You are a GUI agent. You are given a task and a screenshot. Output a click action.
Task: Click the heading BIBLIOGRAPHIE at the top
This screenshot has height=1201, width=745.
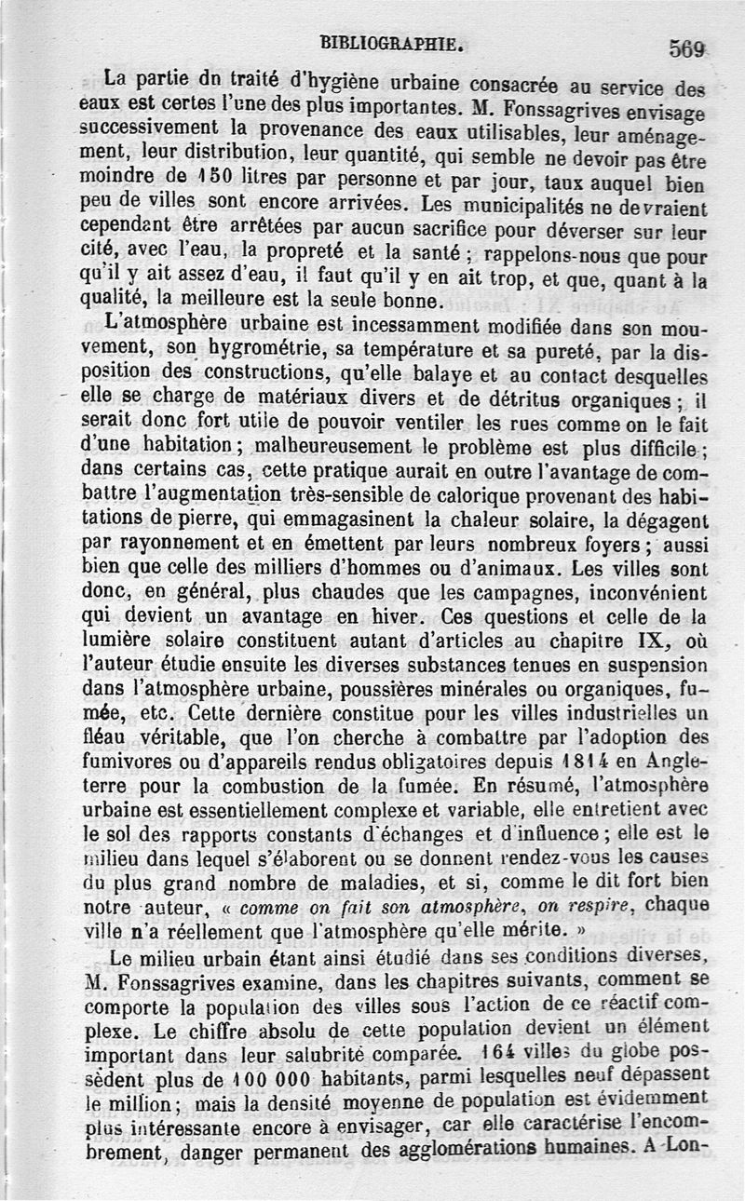(x=389, y=42)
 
